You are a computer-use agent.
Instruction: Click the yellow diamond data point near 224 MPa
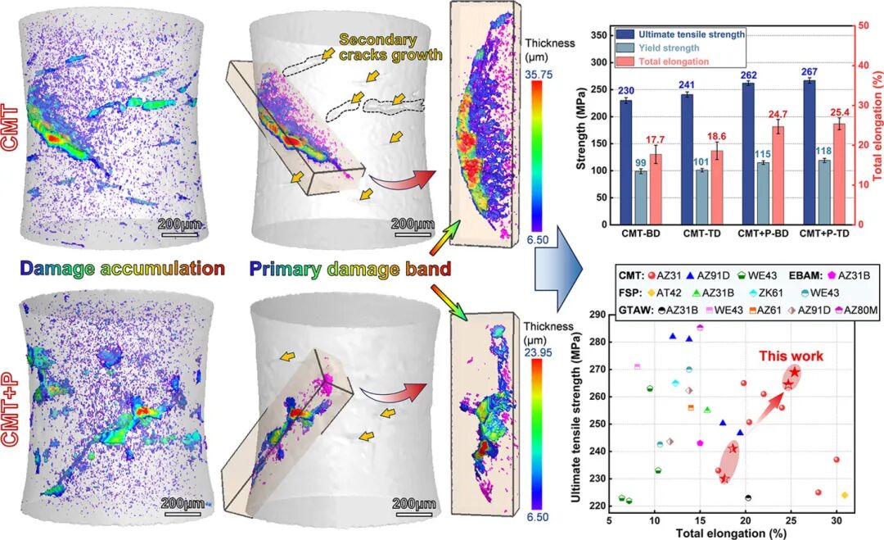tap(844, 496)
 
